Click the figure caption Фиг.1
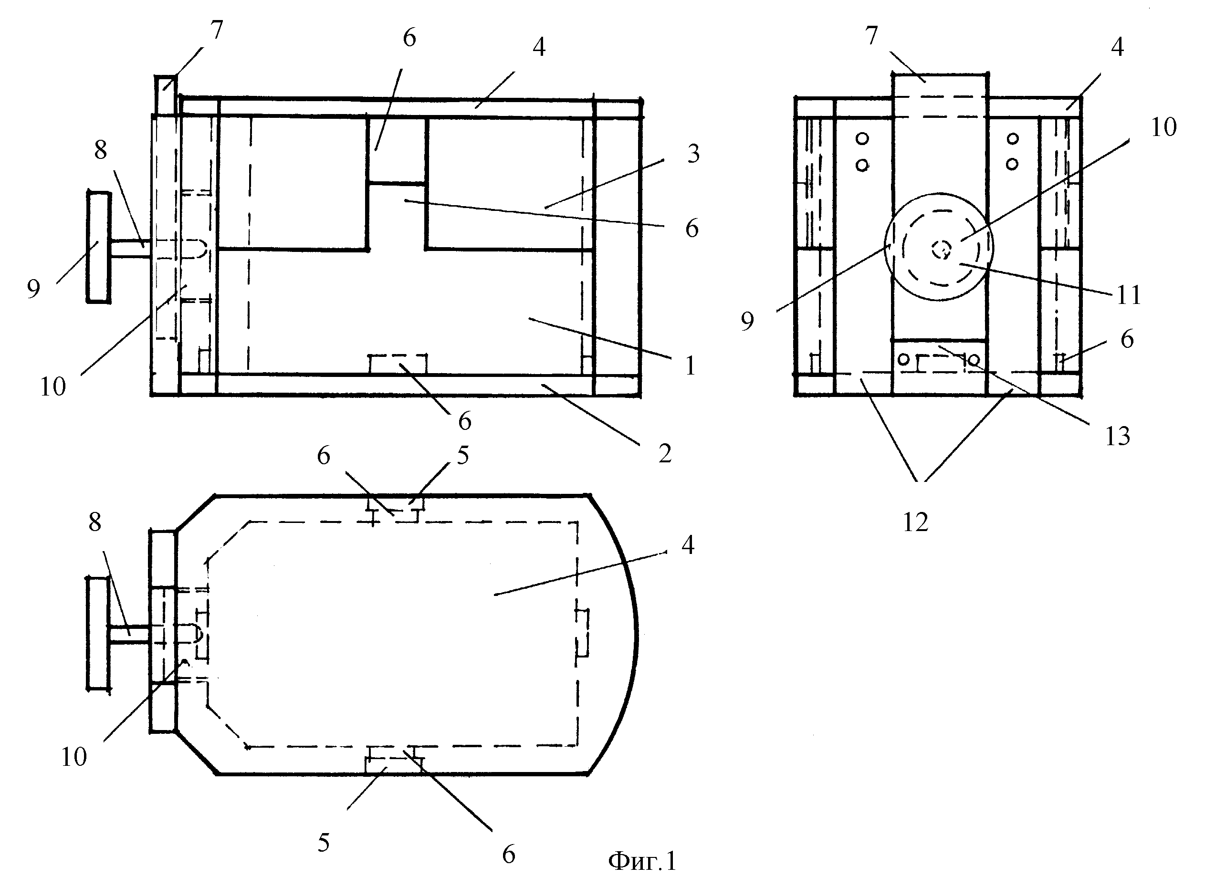point(642,861)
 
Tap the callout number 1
point(690,365)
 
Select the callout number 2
point(665,454)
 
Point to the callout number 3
point(693,154)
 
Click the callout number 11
point(1128,295)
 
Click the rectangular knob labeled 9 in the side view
point(99,247)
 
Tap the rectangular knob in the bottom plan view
point(98,634)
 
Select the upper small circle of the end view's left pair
point(862,139)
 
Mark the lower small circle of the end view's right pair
point(1012,164)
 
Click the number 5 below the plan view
point(323,843)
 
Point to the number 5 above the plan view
point(463,455)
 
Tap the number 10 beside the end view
point(1163,127)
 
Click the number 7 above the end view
point(871,35)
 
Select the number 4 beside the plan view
point(688,545)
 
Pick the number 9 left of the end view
point(747,321)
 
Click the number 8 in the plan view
point(95,522)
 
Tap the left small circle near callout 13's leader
point(904,359)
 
